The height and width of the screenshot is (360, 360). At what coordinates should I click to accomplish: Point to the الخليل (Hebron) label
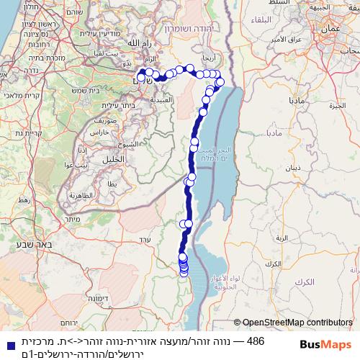[x=114, y=158]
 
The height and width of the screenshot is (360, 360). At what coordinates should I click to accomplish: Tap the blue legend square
[x=7, y=346]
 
